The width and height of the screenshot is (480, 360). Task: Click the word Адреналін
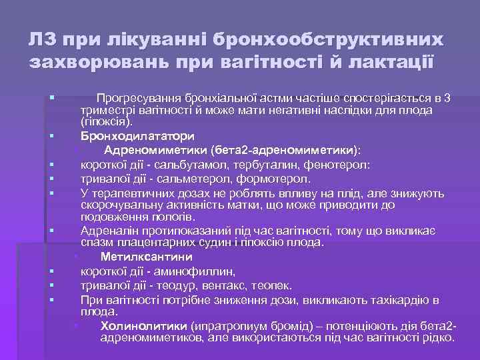pos(107,230)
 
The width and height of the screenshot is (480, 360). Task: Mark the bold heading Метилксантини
pos(147,256)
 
